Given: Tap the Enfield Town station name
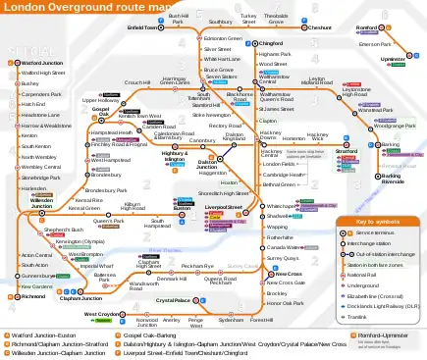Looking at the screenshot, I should (143, 28).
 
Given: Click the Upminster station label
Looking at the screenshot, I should (393, 60).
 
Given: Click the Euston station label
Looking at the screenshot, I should (182, 209).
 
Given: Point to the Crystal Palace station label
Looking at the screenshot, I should (173, 300).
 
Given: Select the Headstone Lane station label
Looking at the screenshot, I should (38, 115).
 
